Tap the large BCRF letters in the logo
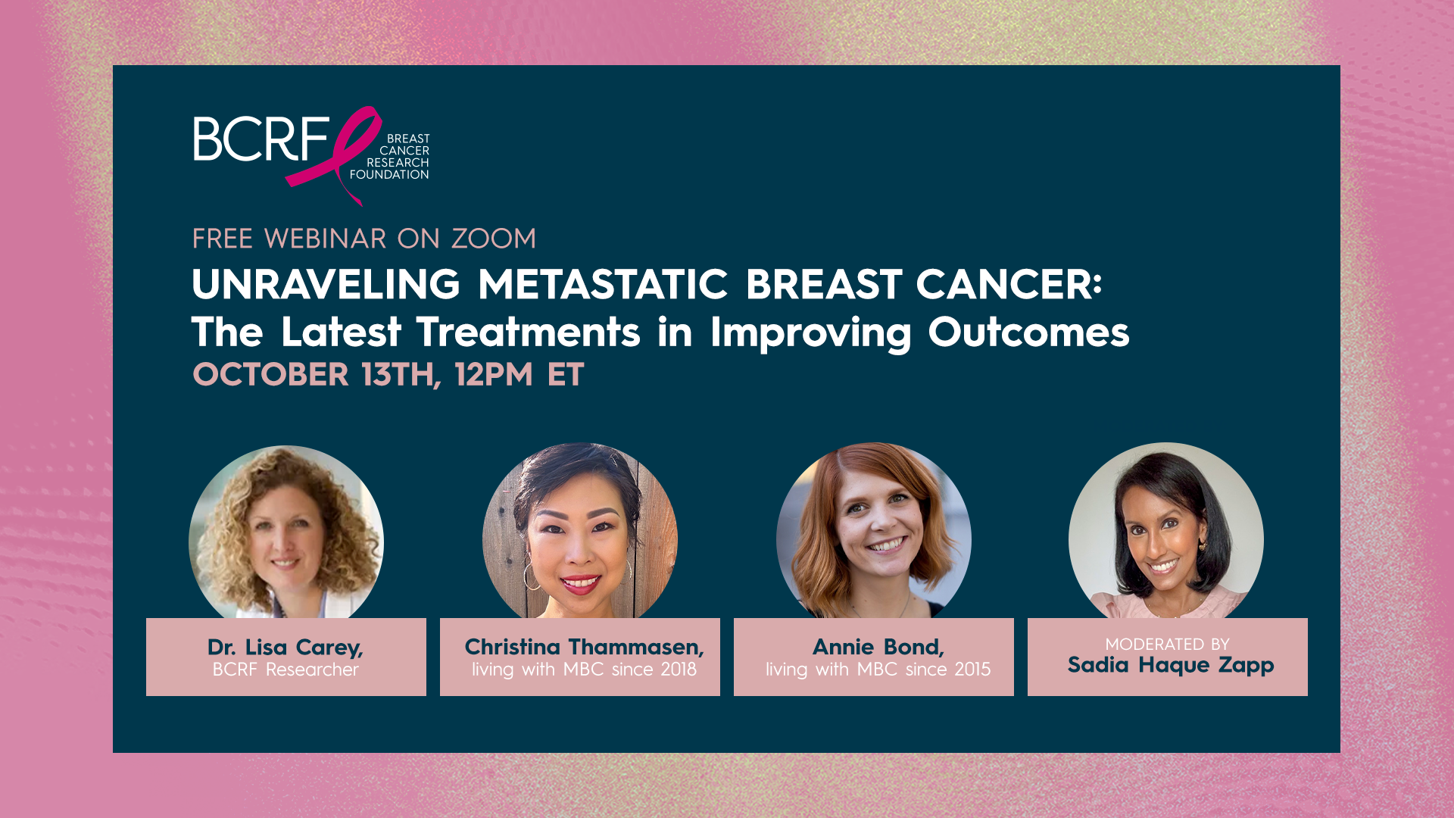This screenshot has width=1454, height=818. point(261,139)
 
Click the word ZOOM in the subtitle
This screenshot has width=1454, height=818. point(494,239)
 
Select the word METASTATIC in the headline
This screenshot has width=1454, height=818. point(603,284)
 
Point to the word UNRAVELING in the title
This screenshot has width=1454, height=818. point(326,284)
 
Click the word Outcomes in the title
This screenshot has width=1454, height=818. point(1028,333)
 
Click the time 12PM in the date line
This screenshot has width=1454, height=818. point(494,374)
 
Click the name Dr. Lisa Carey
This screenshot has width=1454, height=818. point(285,648)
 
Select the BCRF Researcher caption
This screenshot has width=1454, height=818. point(285,670)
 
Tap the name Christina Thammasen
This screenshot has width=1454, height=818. point(584,647)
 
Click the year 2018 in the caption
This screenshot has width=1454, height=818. point(678,670)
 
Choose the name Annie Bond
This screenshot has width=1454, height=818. point(878,647)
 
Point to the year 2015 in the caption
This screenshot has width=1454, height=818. point(972,670)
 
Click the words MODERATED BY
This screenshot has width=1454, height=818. point(1167,645)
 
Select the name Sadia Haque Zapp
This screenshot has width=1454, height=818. point(1171,666)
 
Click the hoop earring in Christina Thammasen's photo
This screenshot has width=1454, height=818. point(532,576)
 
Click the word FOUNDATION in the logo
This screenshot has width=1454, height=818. point(389,175)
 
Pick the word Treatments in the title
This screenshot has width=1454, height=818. point(529,333)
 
